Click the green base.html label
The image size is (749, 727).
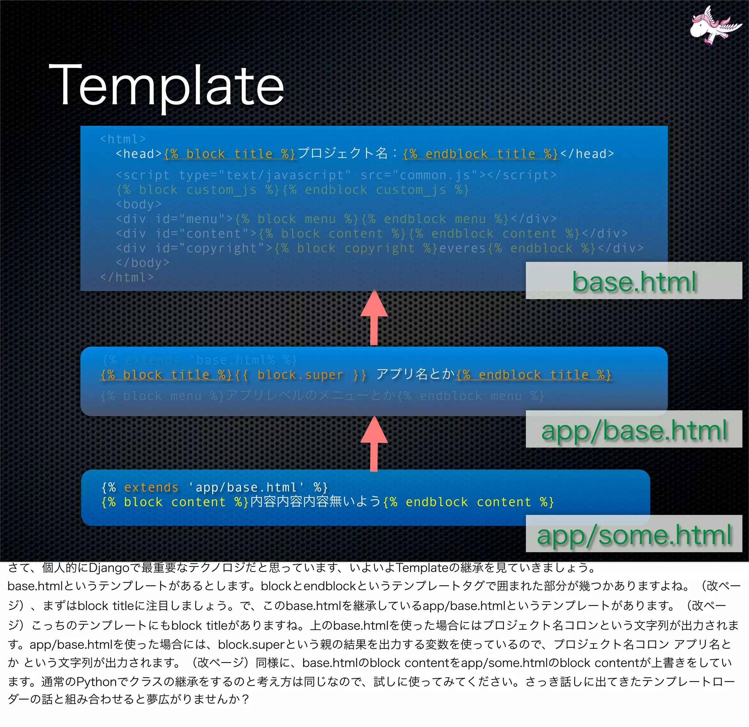[x=634, y=282]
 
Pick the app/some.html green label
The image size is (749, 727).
[x=634, y=535]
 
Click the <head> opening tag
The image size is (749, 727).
[x=139, y=154]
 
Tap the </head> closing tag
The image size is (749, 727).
[x=587, y=154]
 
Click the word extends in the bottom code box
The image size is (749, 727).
[x=151, y=488]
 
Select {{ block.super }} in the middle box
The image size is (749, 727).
[x=300, y=375]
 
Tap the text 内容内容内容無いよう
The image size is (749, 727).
[x=316, y=502]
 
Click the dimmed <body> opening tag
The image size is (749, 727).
[x=139, y=204]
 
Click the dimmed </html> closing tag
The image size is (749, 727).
[x=127, y=277]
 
